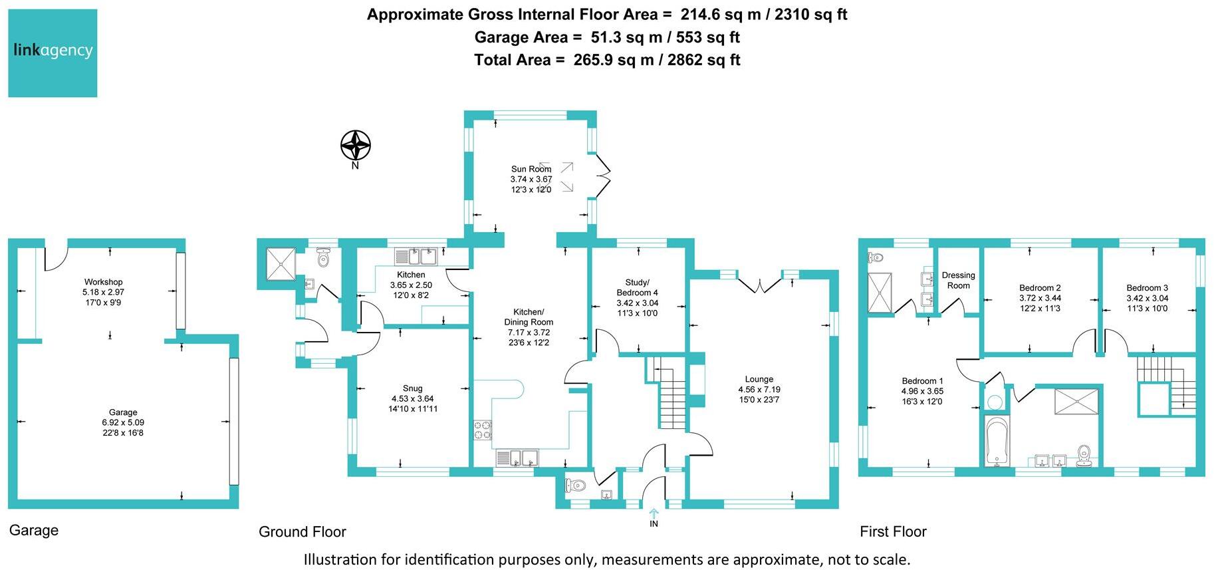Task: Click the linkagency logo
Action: [x=53, y=53]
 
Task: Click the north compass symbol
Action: [x=355, y=144]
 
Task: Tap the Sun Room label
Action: [x=531, y=169]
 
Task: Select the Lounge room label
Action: [x=759, y=379]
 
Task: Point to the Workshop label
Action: [x=103, y=282]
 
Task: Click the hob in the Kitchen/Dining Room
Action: [x=482, y=430]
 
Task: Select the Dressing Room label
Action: [x=958, y=280]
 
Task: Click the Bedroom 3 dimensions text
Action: [x=1147, y=303]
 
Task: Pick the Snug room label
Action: [x=412, y=388]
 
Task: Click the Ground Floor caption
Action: [x=302, y=531]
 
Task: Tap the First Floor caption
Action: [x=892, y=531]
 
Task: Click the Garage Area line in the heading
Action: [x=606, y=37]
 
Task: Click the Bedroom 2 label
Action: [x=1040, y=288]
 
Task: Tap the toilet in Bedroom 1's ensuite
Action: [x=876, y=257]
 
